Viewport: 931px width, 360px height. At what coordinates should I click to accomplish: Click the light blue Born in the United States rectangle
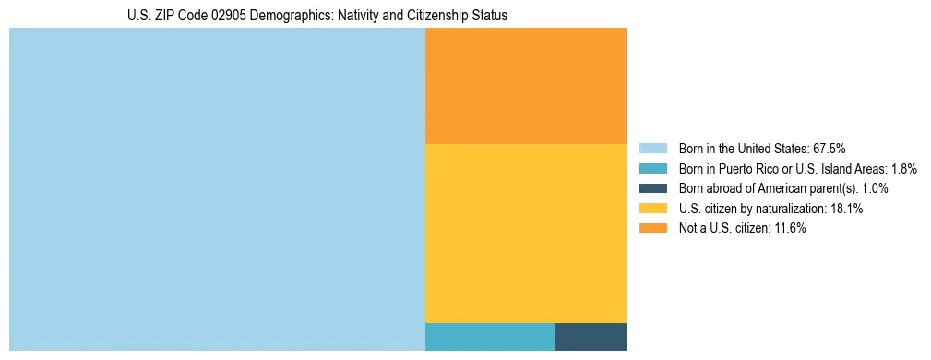point(217,189)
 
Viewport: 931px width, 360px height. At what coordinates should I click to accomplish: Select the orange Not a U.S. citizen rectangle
point(526,86)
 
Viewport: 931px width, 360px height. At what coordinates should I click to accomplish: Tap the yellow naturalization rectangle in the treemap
point(526,234)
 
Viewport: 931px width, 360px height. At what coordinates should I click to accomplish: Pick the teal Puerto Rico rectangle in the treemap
point(490,337)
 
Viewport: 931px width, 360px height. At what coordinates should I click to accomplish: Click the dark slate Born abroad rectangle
point(591,337)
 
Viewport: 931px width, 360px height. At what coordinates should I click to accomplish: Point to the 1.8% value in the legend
point(904,168)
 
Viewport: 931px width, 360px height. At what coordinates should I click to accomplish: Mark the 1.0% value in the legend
point(875,188)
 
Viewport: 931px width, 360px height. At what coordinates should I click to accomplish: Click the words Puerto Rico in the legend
point(741,168)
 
